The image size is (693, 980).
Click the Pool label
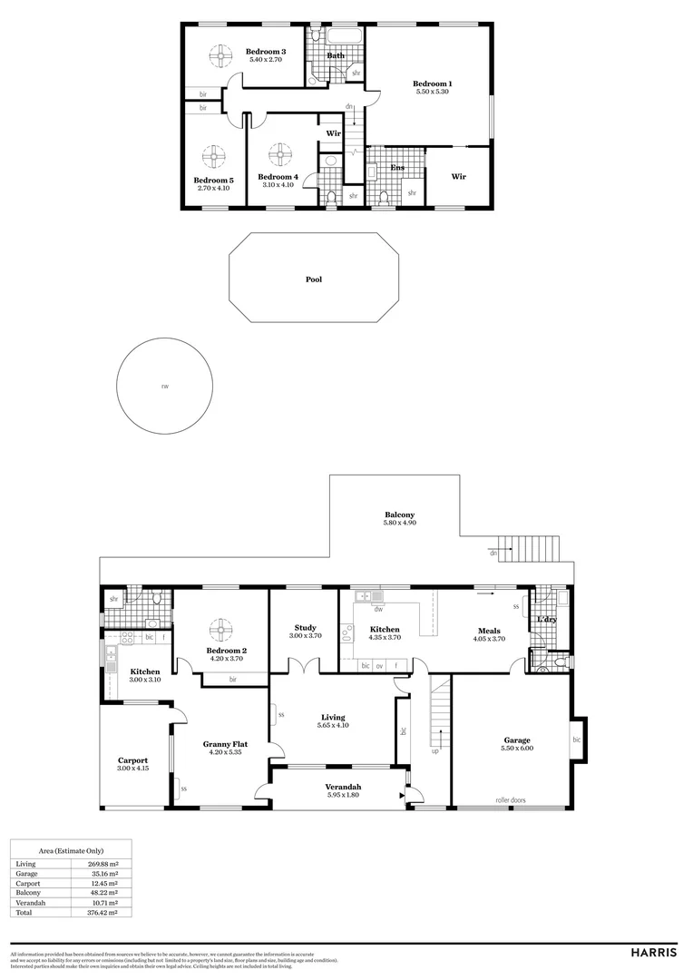point(313,279)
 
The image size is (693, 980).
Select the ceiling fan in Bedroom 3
point(219,57)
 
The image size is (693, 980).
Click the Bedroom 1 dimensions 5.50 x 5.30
point(433,92)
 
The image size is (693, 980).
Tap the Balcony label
point(399,514)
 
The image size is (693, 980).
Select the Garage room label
point(517,740)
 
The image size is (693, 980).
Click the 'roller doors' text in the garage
point(512,800)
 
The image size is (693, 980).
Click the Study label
point(305,627)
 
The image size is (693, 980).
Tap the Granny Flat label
point(222,743)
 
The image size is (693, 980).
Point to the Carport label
point(132,760)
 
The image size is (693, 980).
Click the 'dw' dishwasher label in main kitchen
point(378,609)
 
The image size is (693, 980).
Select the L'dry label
point(546,619)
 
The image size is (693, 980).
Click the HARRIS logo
point(653,953)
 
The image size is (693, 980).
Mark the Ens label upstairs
point(397,168)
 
